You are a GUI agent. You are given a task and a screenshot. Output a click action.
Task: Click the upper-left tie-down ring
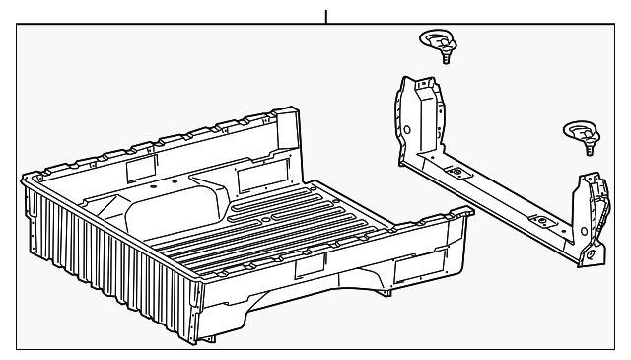(434, 39)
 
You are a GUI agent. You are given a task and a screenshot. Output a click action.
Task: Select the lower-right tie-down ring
(579, 129)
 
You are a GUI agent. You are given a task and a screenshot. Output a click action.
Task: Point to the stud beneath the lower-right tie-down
(589, 148)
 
